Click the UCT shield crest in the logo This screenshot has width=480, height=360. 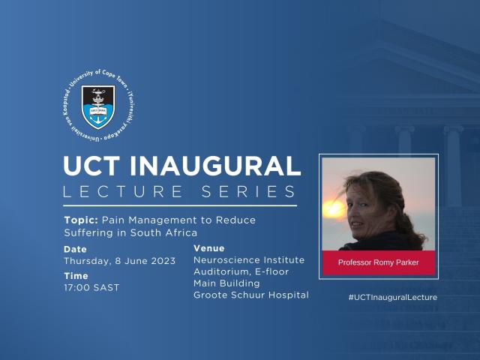(97, 107)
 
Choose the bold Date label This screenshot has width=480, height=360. (75, 249)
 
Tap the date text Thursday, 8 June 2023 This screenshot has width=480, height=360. (120, 261)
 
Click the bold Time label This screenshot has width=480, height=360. (75, 276)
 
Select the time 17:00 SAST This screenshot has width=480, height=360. (91, 287)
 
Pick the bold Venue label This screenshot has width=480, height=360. (208, 248)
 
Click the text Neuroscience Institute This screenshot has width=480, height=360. (249, 260)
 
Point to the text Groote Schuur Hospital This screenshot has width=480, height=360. (250, 295)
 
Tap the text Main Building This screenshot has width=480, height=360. (226, 283)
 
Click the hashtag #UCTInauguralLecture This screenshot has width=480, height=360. (392, 297)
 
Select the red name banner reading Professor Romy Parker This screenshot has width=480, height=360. (379, 263)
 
